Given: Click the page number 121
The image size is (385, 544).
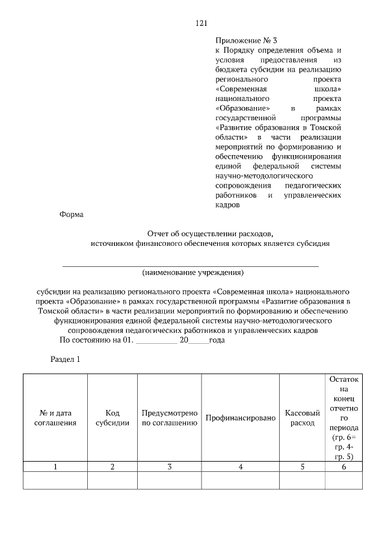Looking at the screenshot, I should click(202, 23).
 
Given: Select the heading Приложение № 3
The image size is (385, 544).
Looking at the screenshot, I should click(244, 40).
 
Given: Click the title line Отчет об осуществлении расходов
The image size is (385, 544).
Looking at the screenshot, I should click(210, 233).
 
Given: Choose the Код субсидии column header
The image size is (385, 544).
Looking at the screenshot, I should click(112, 418).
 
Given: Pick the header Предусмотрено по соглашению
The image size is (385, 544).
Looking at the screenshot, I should click(170, 418).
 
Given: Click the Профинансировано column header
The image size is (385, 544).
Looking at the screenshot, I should click(240, 418).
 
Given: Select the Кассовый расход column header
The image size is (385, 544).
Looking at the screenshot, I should click(302, 418).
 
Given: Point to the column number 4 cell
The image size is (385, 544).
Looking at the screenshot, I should click(240, 467).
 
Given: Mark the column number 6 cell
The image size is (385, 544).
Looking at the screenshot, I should click(344, 467).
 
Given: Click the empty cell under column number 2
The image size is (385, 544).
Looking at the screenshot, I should click(112, 481).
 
